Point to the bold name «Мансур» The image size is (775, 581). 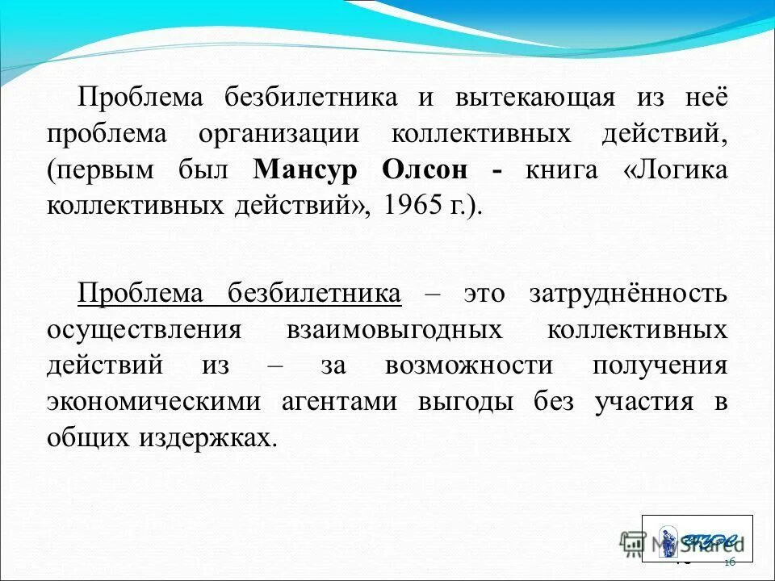pos(304,169)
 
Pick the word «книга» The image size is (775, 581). pos(562,169)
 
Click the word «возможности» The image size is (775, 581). pos(468,366)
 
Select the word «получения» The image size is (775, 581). pos(660,366)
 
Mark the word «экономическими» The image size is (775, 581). pos(154,401)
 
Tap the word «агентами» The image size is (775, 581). pos(339,401)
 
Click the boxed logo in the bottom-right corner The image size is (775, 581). pos(697,538)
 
